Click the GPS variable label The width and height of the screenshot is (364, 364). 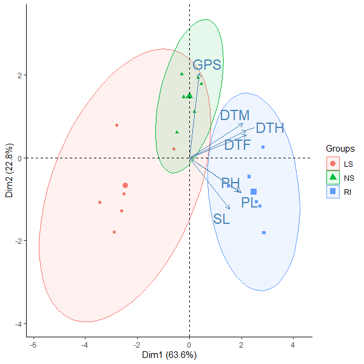pos(206,65)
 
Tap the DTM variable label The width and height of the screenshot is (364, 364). pos(235,115)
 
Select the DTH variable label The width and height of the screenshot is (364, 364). pos(270,128)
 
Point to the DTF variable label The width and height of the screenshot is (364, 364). pos(238,145)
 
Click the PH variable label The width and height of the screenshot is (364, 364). pos(231,183)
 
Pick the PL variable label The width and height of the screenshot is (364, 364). pos(249,203)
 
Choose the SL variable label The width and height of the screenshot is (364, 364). pos(221,219)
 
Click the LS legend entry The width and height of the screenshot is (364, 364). pos(348,164)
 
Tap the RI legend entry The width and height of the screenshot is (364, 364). pos(348,192)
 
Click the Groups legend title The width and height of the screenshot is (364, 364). pos(340,148)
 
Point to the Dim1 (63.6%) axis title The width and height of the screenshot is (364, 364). pos(169,354)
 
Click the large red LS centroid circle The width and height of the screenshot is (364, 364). pos(125,186)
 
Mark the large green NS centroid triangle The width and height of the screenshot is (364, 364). pos(189,95)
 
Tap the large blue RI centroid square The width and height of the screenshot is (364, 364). pos(254,192)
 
